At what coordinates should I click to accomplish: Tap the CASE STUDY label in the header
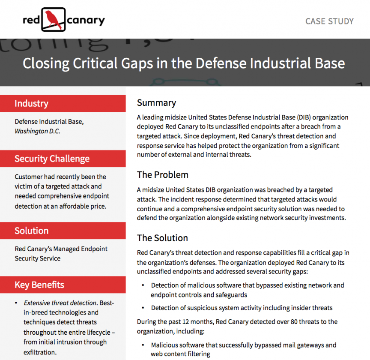click(x=329, y=21)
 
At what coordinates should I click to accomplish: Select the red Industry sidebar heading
click(x=31, y=103)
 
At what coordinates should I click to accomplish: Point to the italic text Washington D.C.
click(x=37, y=131)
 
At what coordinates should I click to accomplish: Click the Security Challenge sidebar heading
click(x=52, y=159)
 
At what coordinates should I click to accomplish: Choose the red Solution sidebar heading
click(x=31, y=231)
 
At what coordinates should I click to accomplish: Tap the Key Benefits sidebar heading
click(x=39, y=285)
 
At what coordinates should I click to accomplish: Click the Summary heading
click(x=156, y=103)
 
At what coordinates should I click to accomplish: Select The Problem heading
click(x=162, y=175)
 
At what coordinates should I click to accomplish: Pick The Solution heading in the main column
click(x=162, y=238)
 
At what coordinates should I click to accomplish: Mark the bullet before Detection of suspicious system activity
click(x=143, y=308)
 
